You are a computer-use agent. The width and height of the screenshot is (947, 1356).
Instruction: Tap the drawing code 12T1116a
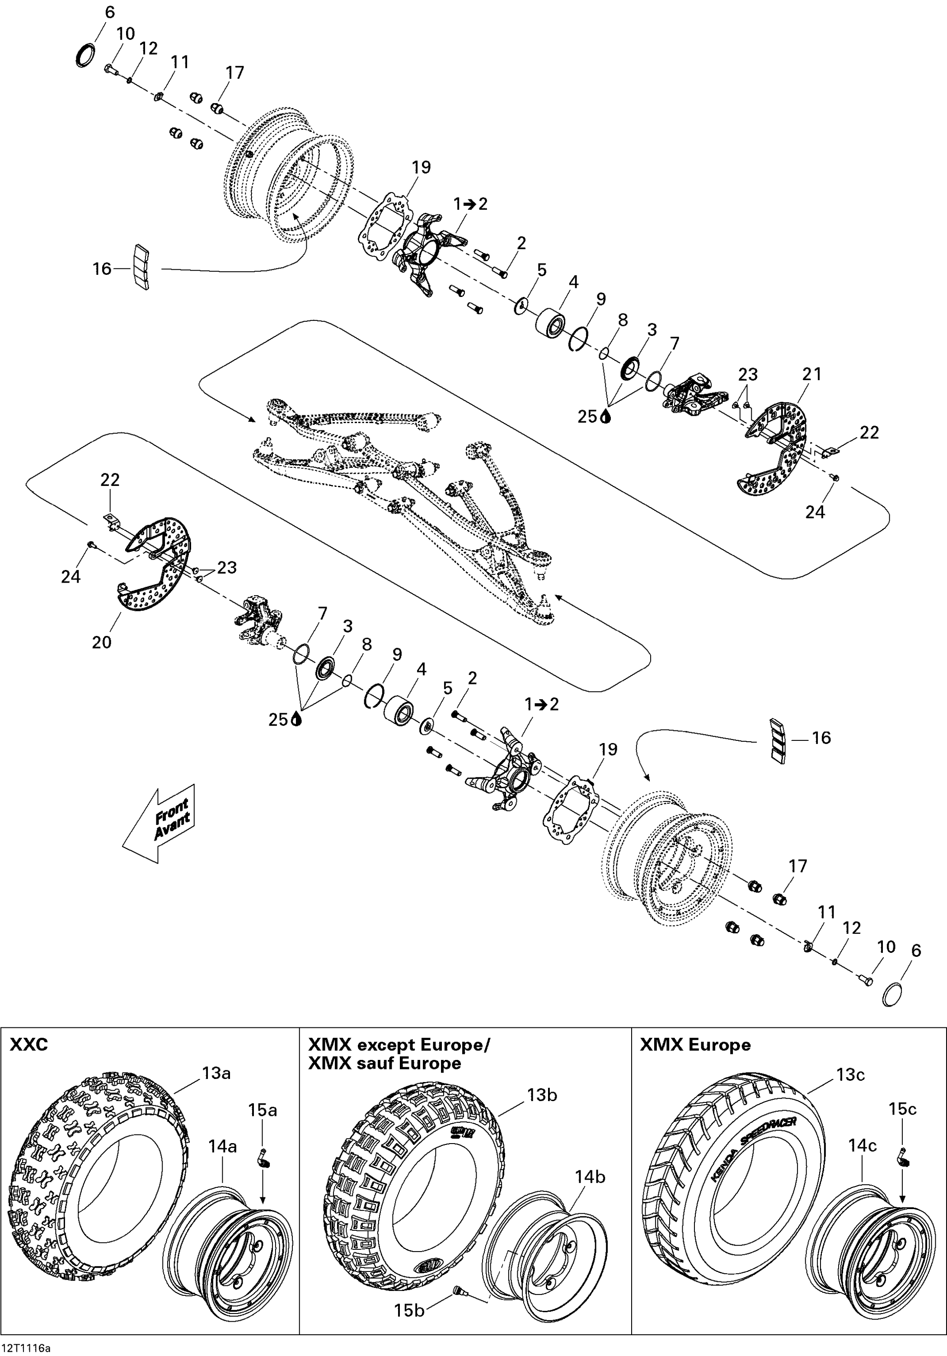click(26, 1348)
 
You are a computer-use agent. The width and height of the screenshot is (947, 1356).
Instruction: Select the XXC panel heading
click(28, 1061)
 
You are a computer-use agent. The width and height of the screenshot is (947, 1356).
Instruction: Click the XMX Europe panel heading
click(695, 1061)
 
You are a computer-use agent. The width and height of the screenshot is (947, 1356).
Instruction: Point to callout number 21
click(812, 374)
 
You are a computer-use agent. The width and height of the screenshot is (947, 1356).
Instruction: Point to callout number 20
click(102, 642)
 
